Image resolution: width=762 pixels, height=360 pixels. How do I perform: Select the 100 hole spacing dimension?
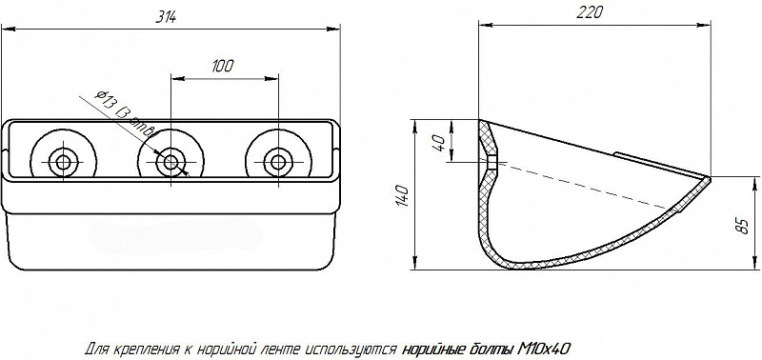[x=223, y=66]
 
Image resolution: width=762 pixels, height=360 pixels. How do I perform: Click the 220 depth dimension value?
[x=590, y=12]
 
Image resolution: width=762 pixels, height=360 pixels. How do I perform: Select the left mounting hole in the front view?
[x=63, y=161]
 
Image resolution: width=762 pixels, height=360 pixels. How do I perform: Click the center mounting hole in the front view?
[x=170, y=161]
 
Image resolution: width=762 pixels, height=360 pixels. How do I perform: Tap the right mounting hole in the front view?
[x=278, y=161]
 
